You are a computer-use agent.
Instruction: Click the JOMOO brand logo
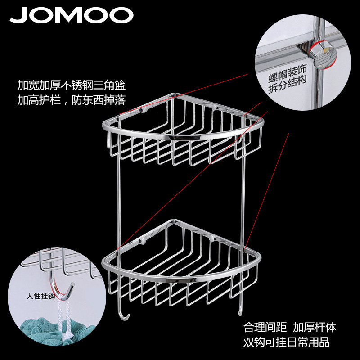pyautogui.click(x=72, y=15)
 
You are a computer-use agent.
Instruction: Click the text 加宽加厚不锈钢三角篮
pyautogui.click(x=72, y=85)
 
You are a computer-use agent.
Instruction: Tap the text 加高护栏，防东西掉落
pyautogui.click(x=72, y=99)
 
